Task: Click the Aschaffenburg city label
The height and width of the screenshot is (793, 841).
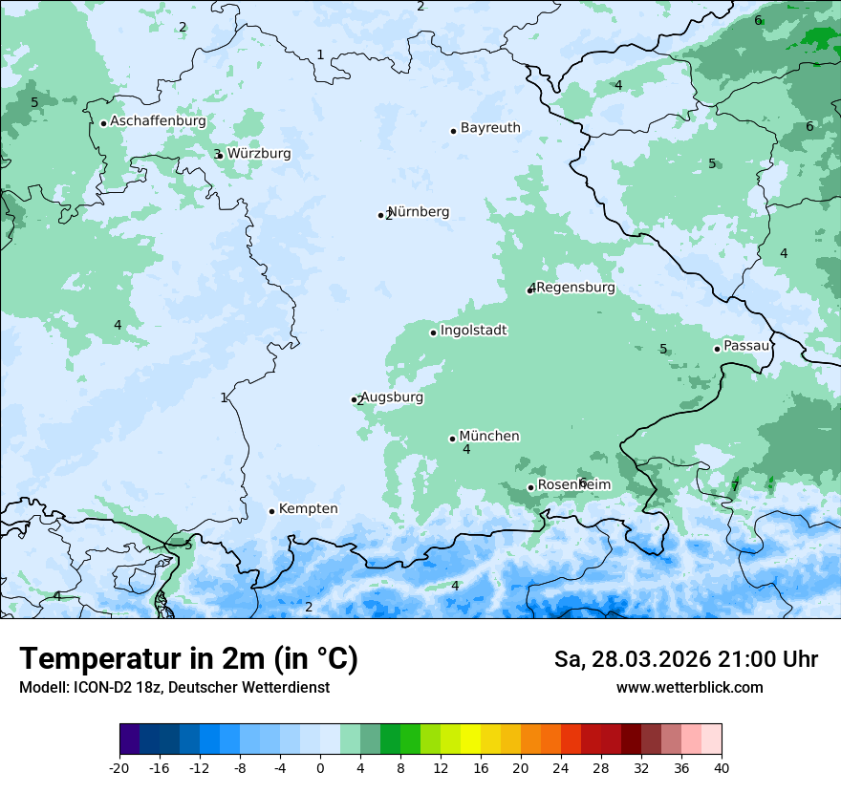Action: click(158, 121)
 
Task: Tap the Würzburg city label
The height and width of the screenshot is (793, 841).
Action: click(259, 153)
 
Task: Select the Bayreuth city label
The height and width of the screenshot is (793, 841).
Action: click(490, 127)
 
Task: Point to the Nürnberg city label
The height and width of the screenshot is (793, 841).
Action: click(419, 211)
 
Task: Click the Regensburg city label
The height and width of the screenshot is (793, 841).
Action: click(575, 287)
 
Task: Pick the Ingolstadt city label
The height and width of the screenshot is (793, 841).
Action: click(473, 330)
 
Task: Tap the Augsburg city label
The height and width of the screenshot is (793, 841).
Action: click(392, 396)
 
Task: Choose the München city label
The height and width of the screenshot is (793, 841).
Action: click(489, 436)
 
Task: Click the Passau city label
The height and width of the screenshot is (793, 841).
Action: click(746, 345)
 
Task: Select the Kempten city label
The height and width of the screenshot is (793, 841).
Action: click(308, 508)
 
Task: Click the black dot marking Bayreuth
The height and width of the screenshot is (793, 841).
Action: click(453, 131)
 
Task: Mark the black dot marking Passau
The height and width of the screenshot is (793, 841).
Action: click(717, 349)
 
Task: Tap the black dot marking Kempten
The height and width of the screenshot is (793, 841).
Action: click(271, 511)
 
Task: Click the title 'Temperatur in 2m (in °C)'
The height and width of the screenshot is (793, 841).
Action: click(189, 658)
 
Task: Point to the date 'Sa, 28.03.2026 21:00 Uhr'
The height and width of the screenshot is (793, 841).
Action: click(685, 659)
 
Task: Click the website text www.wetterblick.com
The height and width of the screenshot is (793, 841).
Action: click(689, 687)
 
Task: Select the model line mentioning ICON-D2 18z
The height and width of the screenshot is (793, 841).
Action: click(174, 687)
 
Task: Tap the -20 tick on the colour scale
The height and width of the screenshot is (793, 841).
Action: click(119, 767)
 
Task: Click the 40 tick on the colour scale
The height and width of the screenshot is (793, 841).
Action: click(722, 767)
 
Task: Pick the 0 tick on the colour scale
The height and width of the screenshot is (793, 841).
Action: click(320, 767)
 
